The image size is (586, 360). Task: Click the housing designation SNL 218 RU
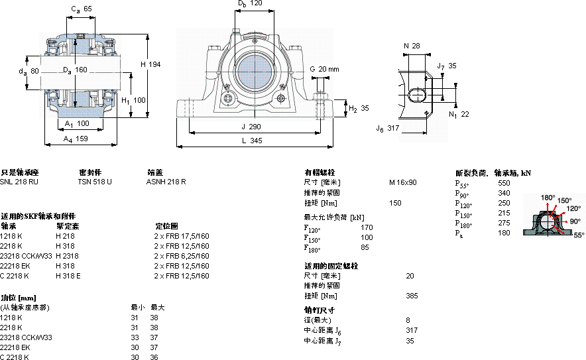tap(19, 182)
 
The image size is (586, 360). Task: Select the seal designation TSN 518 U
tap(95, 182)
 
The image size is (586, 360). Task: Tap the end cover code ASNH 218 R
tap(166, 182)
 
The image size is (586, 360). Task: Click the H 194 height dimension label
tap(151, 64)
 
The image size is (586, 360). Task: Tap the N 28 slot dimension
tap(412, 45)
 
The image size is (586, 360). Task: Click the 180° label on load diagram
tap(548, 198)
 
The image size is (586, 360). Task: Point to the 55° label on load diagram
tap(579, 235)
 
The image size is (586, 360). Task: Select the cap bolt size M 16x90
tap(402, 182)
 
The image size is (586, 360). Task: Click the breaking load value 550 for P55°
tap(504, 182)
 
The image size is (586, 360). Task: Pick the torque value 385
tap(412, 296)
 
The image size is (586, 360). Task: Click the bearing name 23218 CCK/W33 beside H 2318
tap(27, 255)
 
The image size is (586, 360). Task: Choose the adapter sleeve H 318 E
tap(68, 275)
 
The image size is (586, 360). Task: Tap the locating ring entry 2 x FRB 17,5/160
tap(182, 235)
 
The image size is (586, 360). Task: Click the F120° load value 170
tap(366, 227)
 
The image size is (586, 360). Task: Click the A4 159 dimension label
tap(76, 139)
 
